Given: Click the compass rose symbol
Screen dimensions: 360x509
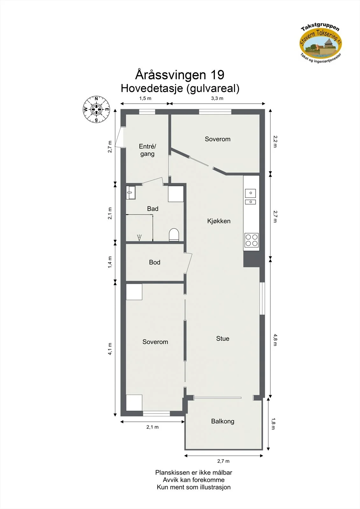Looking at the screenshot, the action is click(96, 109).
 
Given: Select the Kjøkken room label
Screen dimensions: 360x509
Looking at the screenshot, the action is click(219, 221).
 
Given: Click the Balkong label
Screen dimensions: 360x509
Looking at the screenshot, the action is click(222, 421).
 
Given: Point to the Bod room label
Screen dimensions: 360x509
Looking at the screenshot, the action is click(155, 262).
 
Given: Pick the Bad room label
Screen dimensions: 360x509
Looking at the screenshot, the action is click(152, 209).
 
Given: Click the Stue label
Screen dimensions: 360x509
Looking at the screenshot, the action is click(222, 338).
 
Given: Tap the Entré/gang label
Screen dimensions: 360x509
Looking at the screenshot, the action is click(147, 150).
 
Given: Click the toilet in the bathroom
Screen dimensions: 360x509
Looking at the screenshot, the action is click(174, 234).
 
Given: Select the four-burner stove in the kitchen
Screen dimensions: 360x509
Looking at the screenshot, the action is click(251, 240).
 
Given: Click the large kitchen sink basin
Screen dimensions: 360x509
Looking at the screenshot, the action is click(251, 193).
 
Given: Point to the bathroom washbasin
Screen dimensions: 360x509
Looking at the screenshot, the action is click(131, 193).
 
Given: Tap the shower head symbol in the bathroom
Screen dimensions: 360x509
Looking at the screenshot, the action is click(139, 237).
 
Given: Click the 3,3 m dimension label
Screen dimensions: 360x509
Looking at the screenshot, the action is click(217, 98).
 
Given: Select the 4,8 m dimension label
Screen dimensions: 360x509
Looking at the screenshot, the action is click(275, 340).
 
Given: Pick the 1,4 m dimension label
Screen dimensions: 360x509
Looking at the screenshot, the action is click(110, 262).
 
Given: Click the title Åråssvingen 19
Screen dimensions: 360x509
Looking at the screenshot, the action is click(180, 74).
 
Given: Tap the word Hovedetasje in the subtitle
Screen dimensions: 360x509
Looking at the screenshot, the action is click(152, 88).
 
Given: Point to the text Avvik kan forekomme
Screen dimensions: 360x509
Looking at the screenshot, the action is click(194, 480).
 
